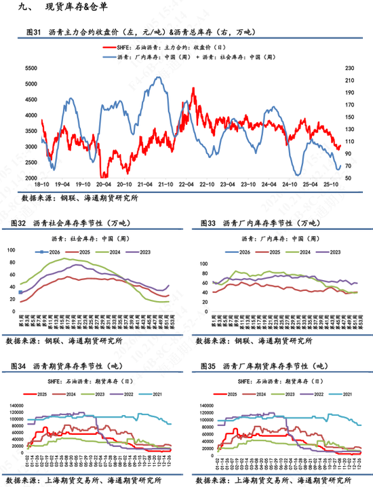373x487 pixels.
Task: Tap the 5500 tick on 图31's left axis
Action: point(31,68)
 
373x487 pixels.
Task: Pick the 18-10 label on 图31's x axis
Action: point(42,184)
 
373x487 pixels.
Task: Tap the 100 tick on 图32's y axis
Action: point(30,250)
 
